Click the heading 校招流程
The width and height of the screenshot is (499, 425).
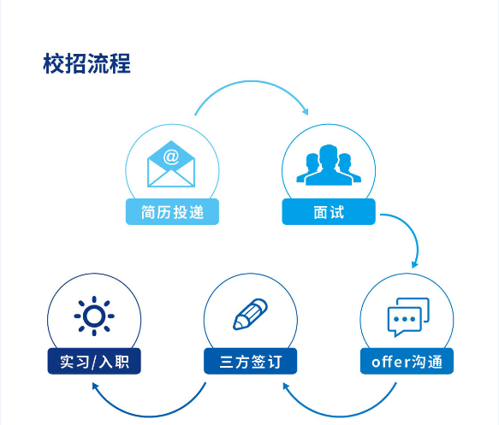click(86, 63)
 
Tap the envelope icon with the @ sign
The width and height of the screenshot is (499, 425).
click(171, 164)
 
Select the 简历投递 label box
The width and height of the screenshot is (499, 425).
click(173, 212)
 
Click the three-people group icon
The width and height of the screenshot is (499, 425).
click(329, 165)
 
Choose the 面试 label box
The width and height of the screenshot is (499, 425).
click(329, 212)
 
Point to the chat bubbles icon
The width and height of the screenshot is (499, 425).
click(408, 317)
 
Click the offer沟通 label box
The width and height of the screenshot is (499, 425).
click(407, 361)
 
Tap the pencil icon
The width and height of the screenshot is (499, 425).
click(250, 314)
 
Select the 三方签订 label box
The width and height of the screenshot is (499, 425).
click(251, 361)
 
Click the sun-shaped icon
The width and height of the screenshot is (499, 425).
click(94, 316)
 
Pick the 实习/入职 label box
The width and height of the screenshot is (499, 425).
click(94, 361)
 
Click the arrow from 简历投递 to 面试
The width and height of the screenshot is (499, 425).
click(252, 81)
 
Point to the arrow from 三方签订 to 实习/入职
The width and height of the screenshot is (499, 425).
click(150, 416)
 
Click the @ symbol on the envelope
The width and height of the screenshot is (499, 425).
click(171, 156)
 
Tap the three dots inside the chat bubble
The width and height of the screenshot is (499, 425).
click(405, 319)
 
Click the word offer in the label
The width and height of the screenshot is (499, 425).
click(390, 362)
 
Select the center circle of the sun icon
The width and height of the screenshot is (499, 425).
click(94, 316)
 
